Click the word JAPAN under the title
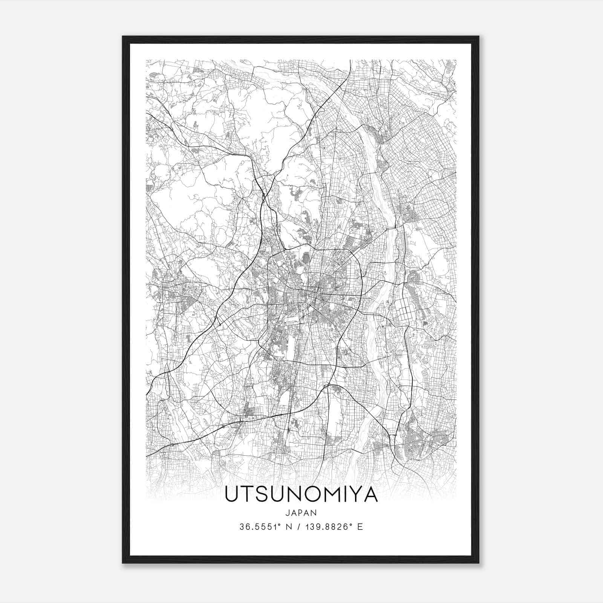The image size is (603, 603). pos(301,513)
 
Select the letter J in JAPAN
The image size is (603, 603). pos(288,513)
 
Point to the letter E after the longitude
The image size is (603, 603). pos(360,527)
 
